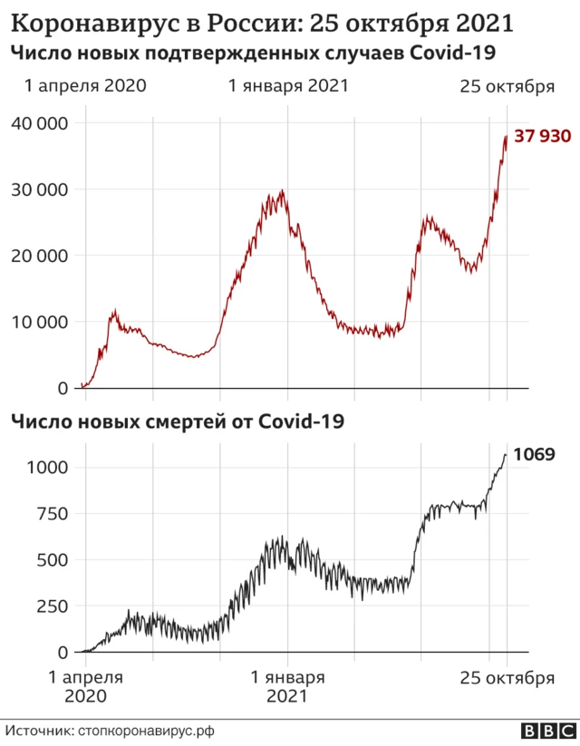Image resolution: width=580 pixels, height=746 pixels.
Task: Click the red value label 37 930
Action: [x=543, y=137]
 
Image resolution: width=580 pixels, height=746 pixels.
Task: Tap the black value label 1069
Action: [x=535, y=454]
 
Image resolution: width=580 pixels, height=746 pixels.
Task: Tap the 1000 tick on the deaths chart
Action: [x=48, y=468]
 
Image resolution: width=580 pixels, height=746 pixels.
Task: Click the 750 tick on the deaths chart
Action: [x=53, y=514]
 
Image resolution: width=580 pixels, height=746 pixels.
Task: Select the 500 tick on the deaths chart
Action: [x=53, y=560]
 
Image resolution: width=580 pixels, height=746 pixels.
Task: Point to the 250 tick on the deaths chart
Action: [x=53, y=606]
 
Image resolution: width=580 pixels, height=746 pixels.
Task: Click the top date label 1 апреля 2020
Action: [x=85, y=86]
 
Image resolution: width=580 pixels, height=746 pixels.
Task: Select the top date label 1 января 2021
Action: [x=288, y=86]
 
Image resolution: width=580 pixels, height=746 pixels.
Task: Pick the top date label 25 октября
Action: [x=507, y=86]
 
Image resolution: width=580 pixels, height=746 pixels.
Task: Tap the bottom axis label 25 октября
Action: [x=507, y=677]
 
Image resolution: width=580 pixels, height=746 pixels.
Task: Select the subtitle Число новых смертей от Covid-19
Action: [x=177, y=421]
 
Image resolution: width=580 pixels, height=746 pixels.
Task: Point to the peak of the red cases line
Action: [x=506, y=136]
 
